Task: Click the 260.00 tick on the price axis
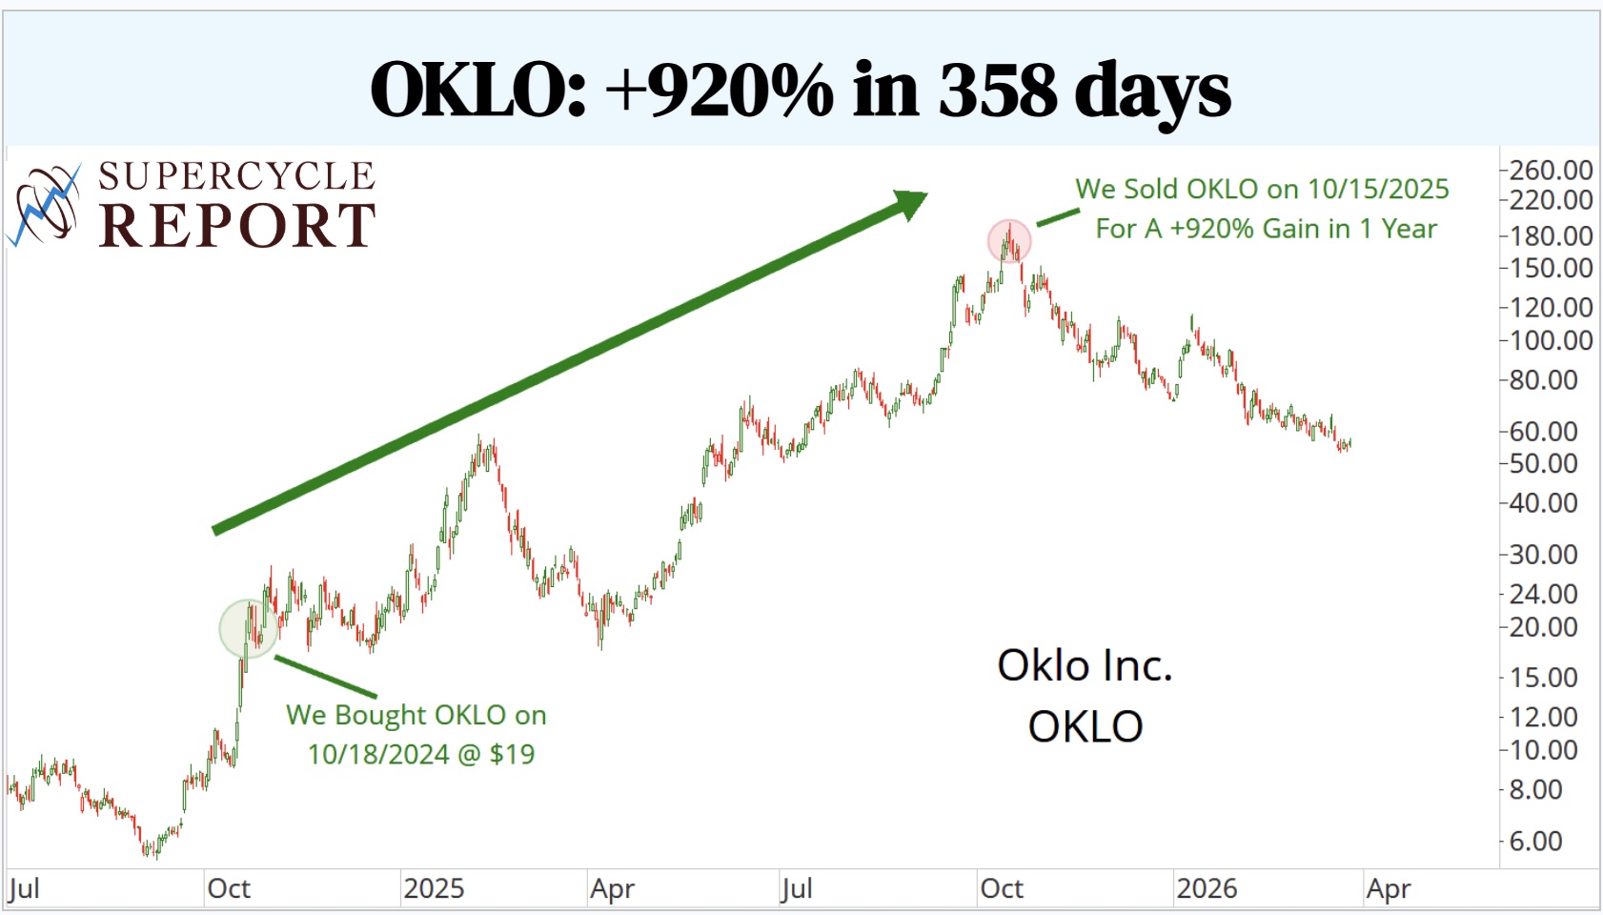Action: [1550, 171]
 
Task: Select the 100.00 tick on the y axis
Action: [1550, 340]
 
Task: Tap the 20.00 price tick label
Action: [1543, 627]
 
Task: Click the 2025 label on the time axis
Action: [434, 888]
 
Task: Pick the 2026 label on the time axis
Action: [1206, 888]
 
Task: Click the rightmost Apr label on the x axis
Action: [1388, 889]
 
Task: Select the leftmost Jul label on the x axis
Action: [25, 889]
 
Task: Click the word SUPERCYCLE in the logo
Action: [237, 176]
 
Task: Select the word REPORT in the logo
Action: [237, 226]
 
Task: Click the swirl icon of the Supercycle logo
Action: [45, 204]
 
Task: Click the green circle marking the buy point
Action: [248, 628]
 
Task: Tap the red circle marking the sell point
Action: [1009, 241]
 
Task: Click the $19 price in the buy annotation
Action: [512, 754]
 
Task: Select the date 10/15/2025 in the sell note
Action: [1377, 189]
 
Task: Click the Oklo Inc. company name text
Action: [1085, 665]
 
